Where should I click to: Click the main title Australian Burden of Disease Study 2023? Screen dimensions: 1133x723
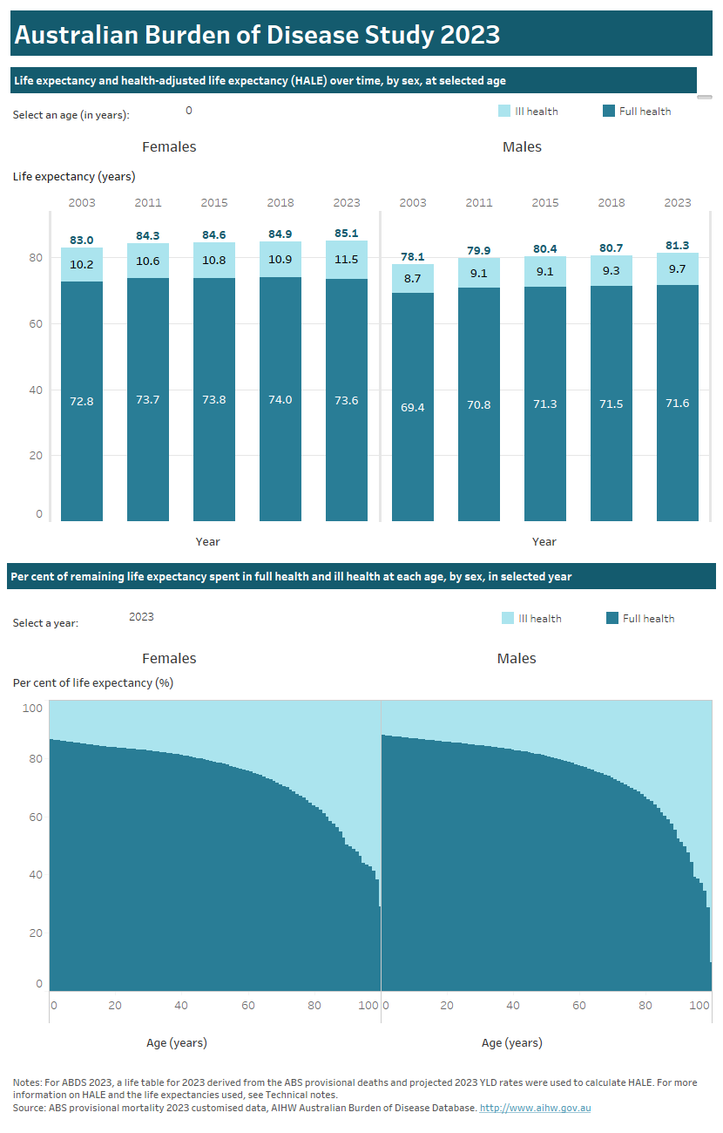click(x=257, y=34)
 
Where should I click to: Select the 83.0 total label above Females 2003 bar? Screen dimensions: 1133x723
click(x=82, y=240)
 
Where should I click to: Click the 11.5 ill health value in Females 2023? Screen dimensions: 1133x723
click(x=347, y=260)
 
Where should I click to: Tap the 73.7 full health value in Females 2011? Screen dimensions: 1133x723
click(x=148, y=400)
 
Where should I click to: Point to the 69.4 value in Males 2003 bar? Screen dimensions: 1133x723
click(x=413, y=407)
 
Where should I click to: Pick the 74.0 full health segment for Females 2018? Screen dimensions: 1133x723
click(x=280, y=400)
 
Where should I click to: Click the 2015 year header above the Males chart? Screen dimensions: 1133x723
click(x=545, y=203)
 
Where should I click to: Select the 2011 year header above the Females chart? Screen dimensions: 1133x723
click(x=148, y=203)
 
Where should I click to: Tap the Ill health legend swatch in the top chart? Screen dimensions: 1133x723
click(x=504, y=112)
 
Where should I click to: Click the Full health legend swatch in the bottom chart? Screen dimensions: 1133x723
click(x=612, y=619)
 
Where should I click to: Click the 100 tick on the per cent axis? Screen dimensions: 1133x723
click(x=32, y=709)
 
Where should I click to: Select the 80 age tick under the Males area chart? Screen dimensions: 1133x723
click(x=645, y=1006)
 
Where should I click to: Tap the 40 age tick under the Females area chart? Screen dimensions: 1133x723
click(x=181, y=1006)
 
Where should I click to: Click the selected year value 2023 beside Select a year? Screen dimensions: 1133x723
click(x=141, y=617)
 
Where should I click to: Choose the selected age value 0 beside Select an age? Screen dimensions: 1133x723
click(x=189, y=111)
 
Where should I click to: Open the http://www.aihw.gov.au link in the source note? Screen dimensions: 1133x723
click(x=536, y=1108)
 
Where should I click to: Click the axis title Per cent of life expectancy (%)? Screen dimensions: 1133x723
click(x=93, y=683)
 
